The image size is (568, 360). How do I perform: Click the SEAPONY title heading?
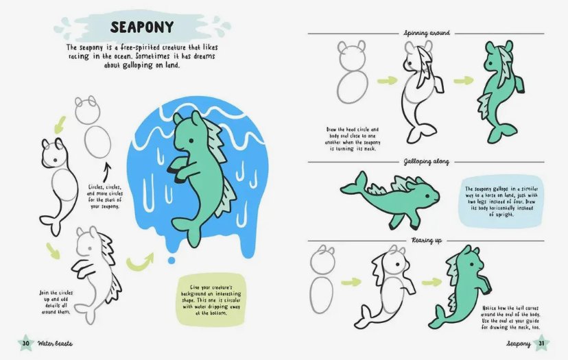[142, 27]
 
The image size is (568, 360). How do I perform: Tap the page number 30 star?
[26, 343]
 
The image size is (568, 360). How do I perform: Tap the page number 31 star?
[541, 343]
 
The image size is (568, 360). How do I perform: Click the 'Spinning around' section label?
[427, 33]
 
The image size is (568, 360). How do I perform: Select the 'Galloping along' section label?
[427, 162]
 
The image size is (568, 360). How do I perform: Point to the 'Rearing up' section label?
[427, 240]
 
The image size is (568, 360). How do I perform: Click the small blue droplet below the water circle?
[171, 260]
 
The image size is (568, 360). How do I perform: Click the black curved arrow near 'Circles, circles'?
[106, 172]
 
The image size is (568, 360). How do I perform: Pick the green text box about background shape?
[211, 300]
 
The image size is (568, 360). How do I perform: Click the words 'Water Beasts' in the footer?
[55, 344]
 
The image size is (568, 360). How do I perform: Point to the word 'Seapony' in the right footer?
[519, 344]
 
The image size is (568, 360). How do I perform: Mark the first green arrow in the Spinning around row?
[387, 80]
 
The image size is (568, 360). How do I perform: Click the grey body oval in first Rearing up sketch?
[321, 295]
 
